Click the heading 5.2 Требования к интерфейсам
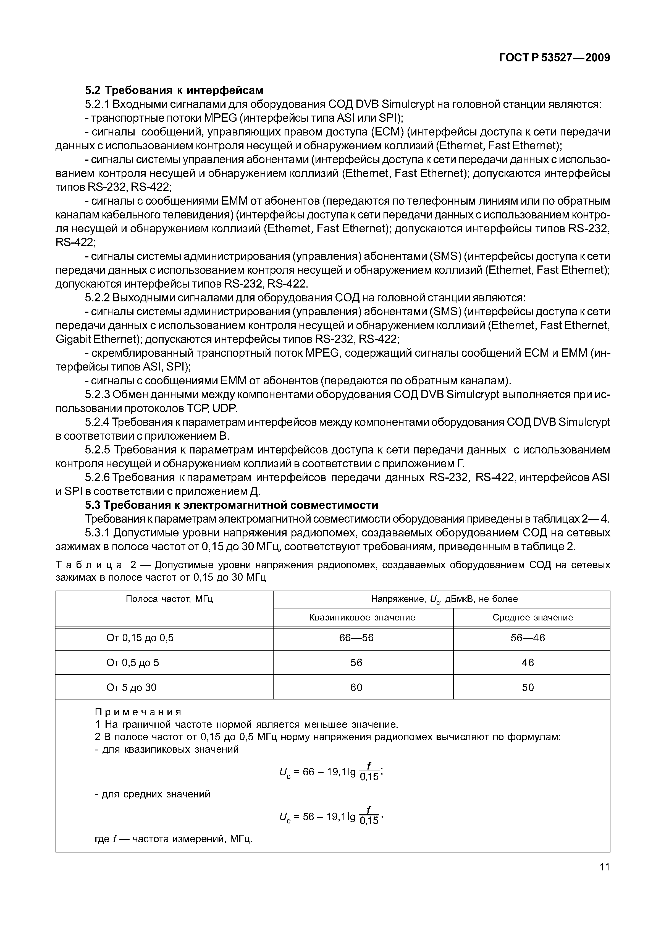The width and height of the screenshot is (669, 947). tap(174, 90)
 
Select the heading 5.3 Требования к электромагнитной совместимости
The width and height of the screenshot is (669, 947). tap(231, 505)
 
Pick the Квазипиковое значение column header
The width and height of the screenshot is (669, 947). tap(362, 617)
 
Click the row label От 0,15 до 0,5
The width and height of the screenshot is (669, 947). tap(140, 638)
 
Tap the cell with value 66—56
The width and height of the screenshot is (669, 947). tap(356, 638)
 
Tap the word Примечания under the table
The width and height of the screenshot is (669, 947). tap(138, 712)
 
